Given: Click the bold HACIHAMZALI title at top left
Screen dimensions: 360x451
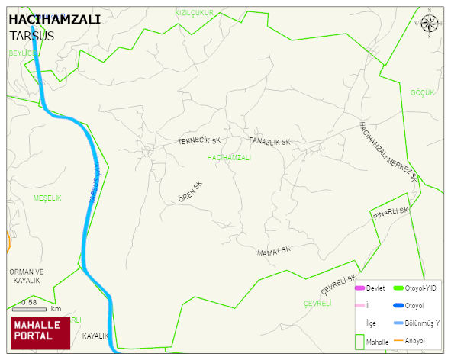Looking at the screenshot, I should (54, 21).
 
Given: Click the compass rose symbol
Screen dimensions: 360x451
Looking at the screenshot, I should (430, 24).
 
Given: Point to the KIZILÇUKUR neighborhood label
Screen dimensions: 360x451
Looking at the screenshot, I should (194, 13).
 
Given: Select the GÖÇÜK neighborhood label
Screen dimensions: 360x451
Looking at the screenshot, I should (422, 92).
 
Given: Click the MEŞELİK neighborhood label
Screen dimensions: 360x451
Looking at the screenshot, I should (47, 198).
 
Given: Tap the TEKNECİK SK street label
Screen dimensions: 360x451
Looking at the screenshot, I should (199, 141).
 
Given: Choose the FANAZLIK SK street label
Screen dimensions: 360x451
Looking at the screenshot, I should (270, 142).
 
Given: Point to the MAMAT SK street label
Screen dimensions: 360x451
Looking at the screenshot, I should (274, 251).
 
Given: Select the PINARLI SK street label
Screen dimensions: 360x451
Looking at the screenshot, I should (391, 215).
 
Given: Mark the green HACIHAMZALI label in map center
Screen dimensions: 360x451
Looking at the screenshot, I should (229, 157).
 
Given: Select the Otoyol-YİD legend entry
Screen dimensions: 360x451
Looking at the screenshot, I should (420, 288).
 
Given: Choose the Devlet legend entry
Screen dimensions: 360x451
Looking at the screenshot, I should (370, 288).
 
